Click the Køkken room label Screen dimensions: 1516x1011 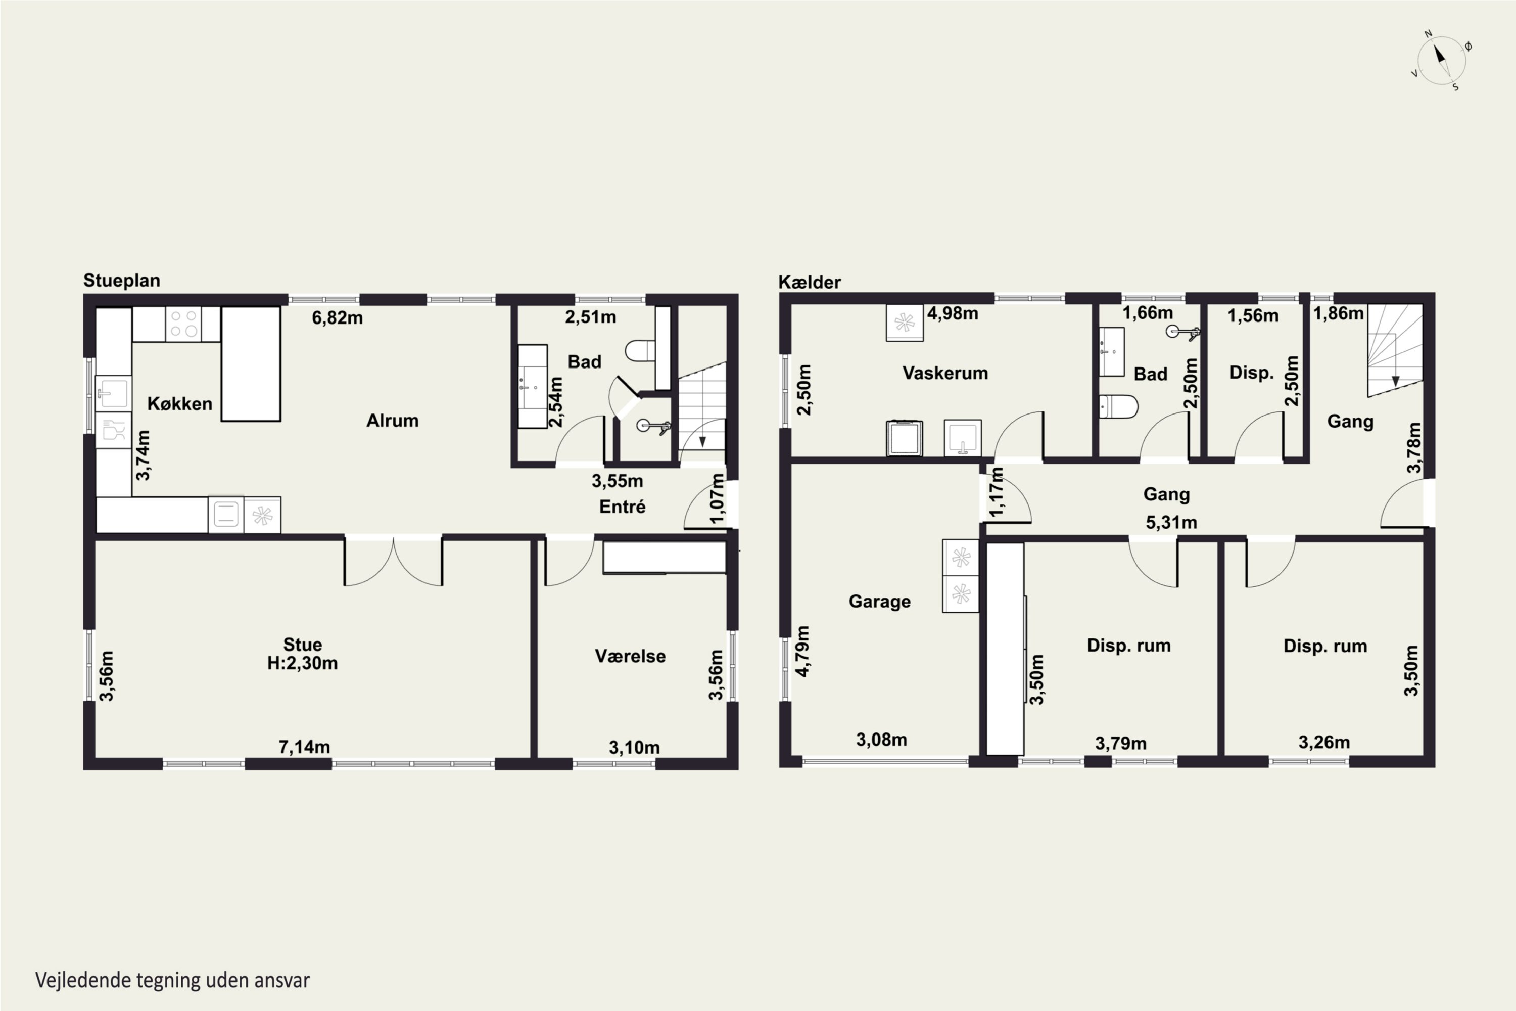[x=180, y=404]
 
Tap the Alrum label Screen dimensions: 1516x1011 [x=393, y=421]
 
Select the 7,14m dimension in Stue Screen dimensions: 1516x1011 [x=304, y=747]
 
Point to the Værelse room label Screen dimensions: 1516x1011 [x=630, y=656]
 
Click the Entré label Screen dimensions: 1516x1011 [x=623, y=507]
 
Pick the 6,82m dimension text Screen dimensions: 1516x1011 [x=337, y=318]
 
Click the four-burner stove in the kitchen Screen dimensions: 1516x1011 [x=184, y=324]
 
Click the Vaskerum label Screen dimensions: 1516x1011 [x=945, y=374]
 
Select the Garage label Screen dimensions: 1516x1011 [x=880, y=602]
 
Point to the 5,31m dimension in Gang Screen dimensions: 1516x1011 [x=1171, y=522]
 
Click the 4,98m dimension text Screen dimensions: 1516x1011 [x=953, y=314]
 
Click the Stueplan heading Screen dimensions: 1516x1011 [x=122, y=281]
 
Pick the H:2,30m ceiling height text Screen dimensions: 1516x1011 [x=302, y=663]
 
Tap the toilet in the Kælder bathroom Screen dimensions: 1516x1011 [x=1118, y=407]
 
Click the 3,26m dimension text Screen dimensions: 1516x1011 [x=1324, y=743]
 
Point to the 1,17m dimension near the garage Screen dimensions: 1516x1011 [x=997, y=491]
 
